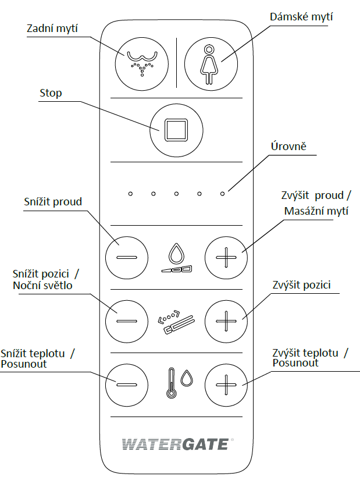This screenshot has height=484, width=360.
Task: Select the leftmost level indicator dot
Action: (130, 194)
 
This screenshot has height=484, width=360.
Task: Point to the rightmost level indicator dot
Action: (222, 194)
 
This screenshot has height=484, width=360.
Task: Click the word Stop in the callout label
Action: (51, 93)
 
